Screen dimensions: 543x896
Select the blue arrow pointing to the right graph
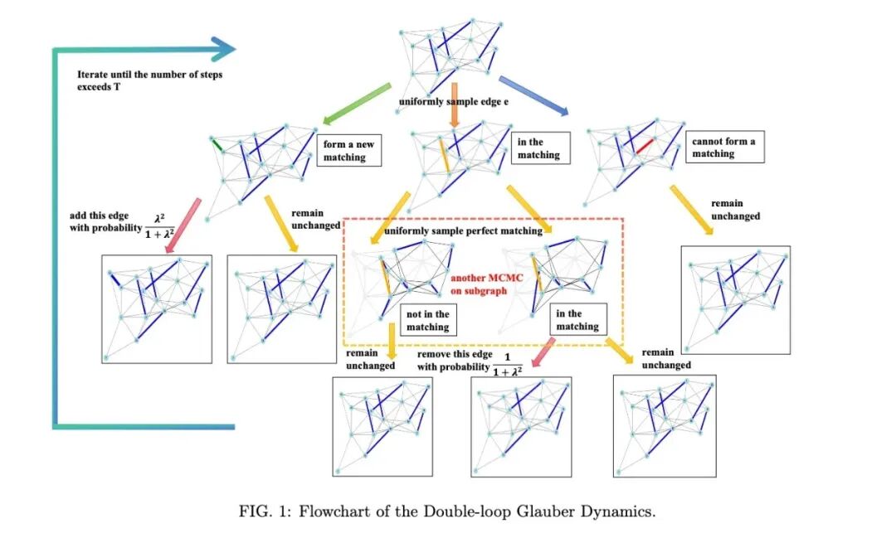pos(533,96)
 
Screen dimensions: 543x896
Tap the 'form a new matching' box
pos(349,150)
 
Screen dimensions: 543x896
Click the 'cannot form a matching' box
pos(724,148)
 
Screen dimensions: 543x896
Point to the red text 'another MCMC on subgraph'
pos(485,285)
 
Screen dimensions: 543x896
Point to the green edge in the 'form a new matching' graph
pos(217,147)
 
